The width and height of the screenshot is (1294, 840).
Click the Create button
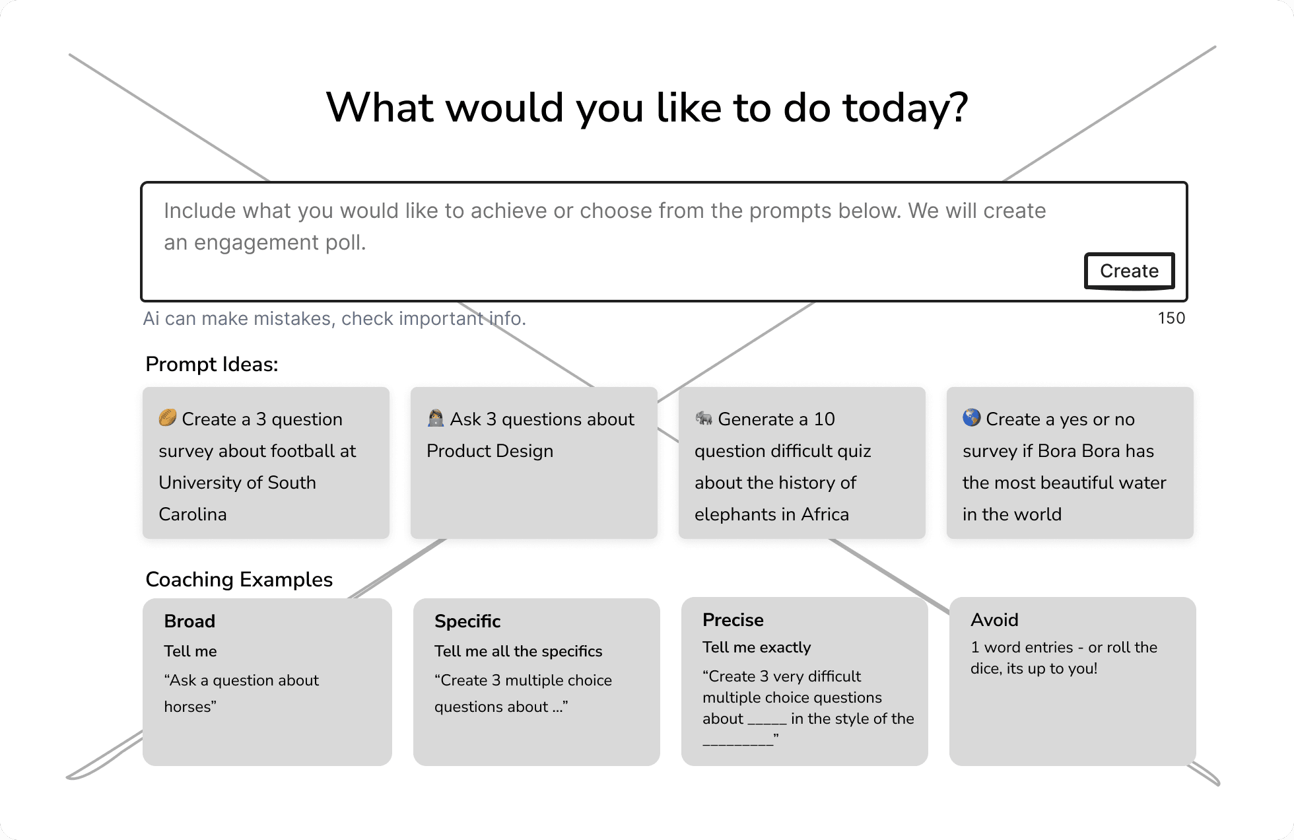coord(1129,271)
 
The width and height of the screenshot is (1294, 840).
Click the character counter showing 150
coord(1171,318)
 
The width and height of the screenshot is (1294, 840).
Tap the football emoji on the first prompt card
coord(168,418)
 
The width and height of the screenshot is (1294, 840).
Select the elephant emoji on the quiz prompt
coord(704,418)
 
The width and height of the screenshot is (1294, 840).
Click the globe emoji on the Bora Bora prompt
coord(972,418)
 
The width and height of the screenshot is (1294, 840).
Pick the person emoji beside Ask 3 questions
coord(436,418)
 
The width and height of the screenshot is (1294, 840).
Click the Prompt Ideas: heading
coord(212,365)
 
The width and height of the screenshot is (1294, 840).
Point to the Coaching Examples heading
coord(239,580)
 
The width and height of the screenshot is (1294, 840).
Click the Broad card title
coord(189,621)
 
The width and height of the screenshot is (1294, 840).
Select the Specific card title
coord(467,621)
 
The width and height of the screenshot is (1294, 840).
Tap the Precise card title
coord(733,620)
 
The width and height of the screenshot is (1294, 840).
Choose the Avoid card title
coord(994,620)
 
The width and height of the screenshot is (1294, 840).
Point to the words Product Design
coord(490,451)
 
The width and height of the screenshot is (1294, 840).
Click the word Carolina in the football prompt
coord(193,514)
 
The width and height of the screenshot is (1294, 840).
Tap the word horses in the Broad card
coord(187,707)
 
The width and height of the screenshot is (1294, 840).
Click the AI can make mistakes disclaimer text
coord(335,319)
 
